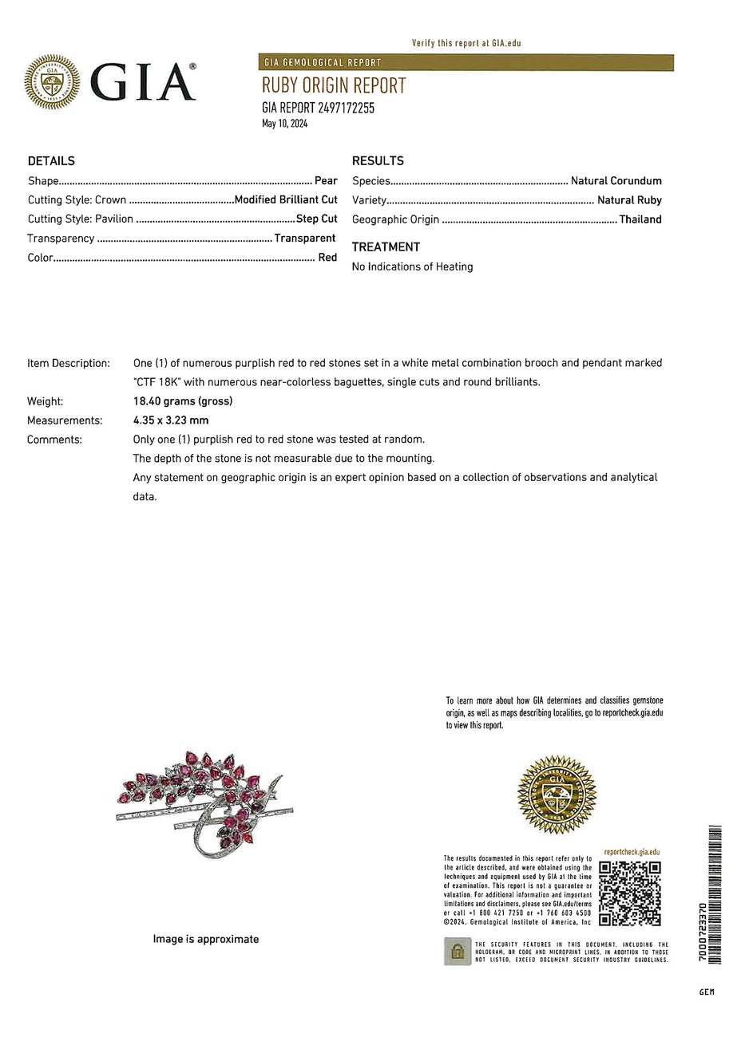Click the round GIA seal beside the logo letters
pyautogui.click(x=52, y=81)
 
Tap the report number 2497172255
pyautogui.click(x=346, y=108)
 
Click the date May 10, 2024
pyautogui.click(x=284, y=124)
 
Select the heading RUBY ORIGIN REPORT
pyautogui.click(x=334, y=86)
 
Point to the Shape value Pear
pyautogui.click(x=326, y=181)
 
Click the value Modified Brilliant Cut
pyautogui.click(x=286, y=199)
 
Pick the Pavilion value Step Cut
pyautogui.click(x=317, y=219)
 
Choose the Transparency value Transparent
pyautogui.click(x=305, y=238)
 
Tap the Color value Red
pyautogui.click(x=327, y=258)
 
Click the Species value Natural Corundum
pyautogui.click(x=616, y=181)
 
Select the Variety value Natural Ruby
pyautogui.click(x=629, y=200)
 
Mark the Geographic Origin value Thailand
pyautogui.click(x=640, y=219)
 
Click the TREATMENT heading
pyautogui.click(x=386, y=247)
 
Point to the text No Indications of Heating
pyautogui.click(x=412, y=266)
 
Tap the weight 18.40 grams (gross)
pyautogui.click(x=183, y=401)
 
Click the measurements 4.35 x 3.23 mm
pyautogui.click(x=171, y=420)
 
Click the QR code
pyautogui.click(x=630, y=893)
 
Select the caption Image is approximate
pyautogui.click(x=206, y=939)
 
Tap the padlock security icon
pyautogui.click(x=458, y=951)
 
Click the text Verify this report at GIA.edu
pyautogui.click(x=466, y=43)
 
